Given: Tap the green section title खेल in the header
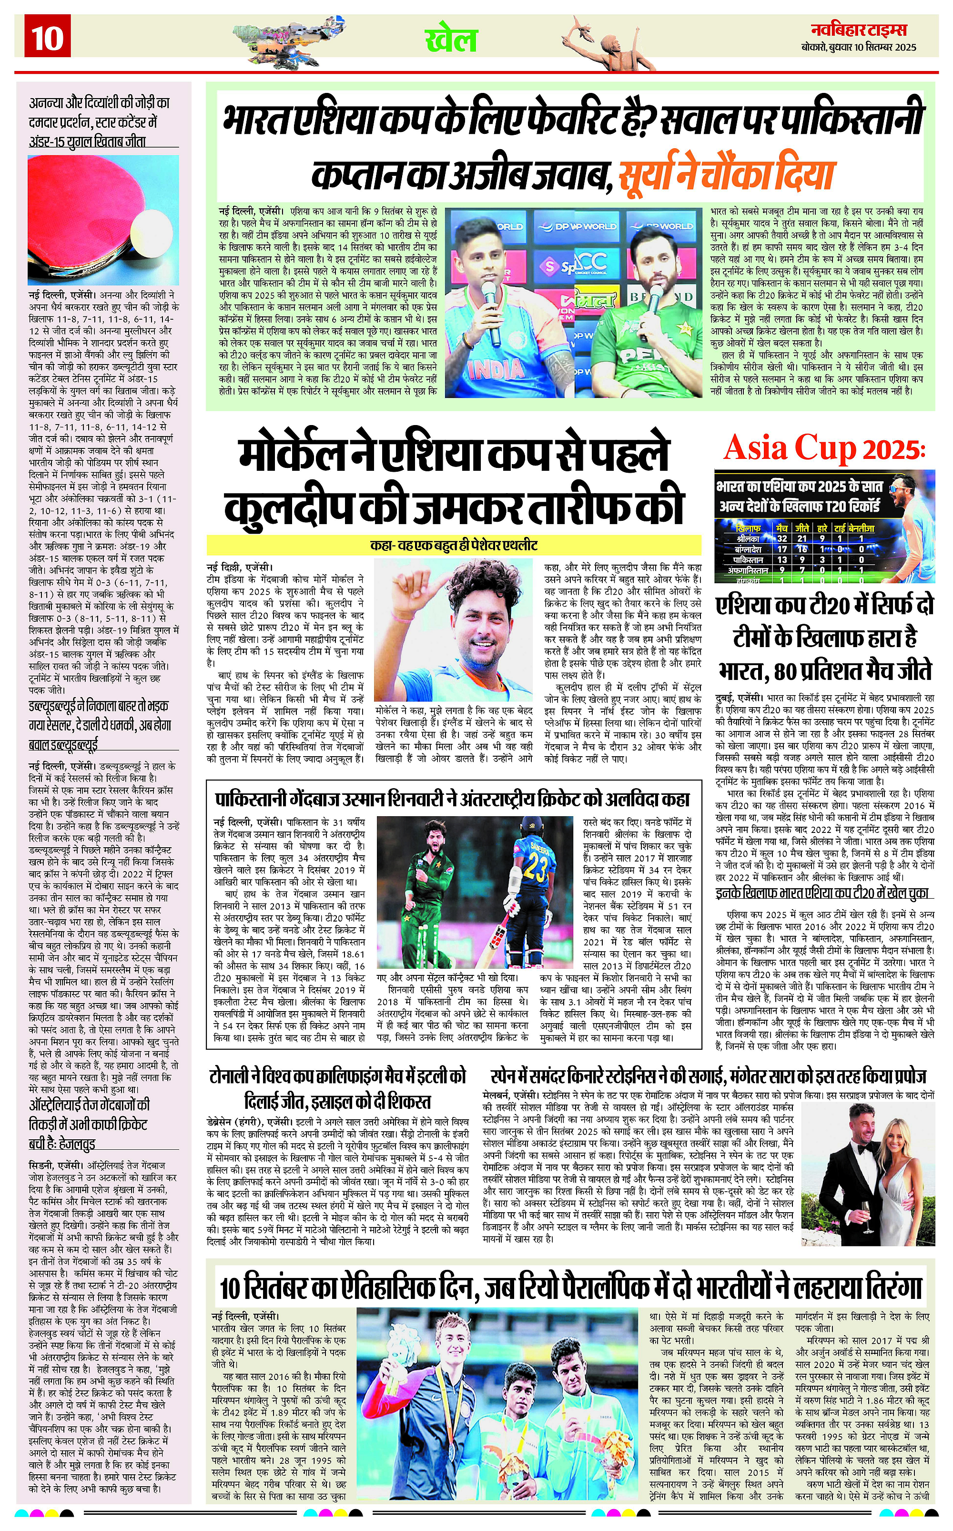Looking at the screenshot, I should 451,40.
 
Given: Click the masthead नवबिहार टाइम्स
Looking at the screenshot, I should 862,30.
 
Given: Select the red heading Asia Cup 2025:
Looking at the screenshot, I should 824,448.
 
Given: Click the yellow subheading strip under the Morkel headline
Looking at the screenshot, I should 454,545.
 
